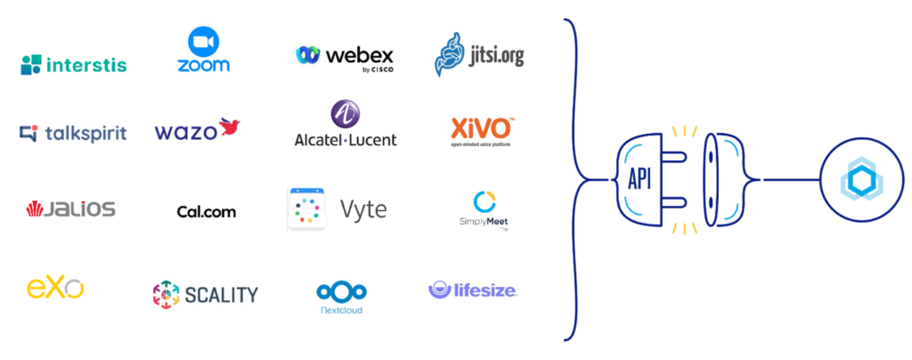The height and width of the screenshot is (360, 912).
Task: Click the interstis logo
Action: pos(74,64)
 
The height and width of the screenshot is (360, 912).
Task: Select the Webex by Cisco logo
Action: pos(345,56)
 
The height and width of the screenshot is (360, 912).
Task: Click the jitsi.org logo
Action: pos(479,55)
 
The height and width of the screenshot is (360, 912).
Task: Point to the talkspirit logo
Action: pos(73,134)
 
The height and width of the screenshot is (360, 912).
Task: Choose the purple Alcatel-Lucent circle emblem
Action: pos(345,114)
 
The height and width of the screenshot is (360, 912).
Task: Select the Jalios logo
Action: pos(71,209)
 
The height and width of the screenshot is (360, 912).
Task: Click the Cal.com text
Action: pos(207,211)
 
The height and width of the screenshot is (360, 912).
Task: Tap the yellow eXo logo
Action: pos(55,288)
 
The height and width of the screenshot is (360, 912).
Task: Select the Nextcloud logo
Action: pos(342,297)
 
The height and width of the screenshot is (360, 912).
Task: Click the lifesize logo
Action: pos(473,290)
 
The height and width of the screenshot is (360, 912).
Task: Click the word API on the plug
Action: pos(640,178)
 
